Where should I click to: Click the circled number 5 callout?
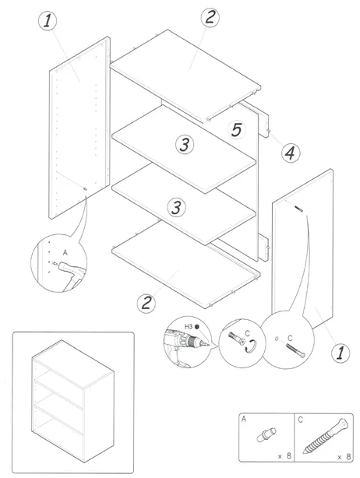click(x=236, y=130)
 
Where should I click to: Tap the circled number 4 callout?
click(x=290, y=153)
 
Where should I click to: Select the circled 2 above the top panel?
click(x=210, y=17)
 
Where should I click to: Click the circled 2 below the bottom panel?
click(x=146, y=303)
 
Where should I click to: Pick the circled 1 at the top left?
click(x=48, y=21)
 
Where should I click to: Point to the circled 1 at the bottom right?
click(x=341, y=353)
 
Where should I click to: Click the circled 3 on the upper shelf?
click(x=185, y=145)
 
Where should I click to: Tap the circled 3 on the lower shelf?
click(x=176, y=208)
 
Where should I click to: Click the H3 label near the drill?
click(x=189, y=327)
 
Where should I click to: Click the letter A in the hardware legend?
click(x=244, y=419)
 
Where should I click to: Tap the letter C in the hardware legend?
click(x=300, y=420)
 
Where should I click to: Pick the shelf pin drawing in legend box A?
click(x=266, y=434)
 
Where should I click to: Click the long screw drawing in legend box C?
click(x=326, y=436)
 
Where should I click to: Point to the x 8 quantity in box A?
click(x=284, y=456)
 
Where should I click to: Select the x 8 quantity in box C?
click(x=344, y=457)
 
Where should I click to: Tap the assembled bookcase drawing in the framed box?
click(x=72, y=401)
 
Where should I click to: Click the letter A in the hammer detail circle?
click(x=65, y=253)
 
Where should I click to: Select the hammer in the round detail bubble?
click(x=72, y=274)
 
